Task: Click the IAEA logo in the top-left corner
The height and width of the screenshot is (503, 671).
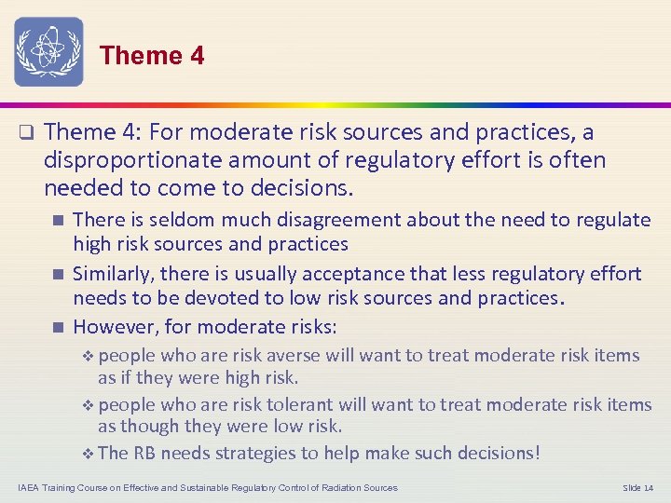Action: (48, 52)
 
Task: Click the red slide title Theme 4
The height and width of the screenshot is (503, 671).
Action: (152, 56)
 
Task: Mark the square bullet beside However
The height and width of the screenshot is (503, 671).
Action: (58, 327)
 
